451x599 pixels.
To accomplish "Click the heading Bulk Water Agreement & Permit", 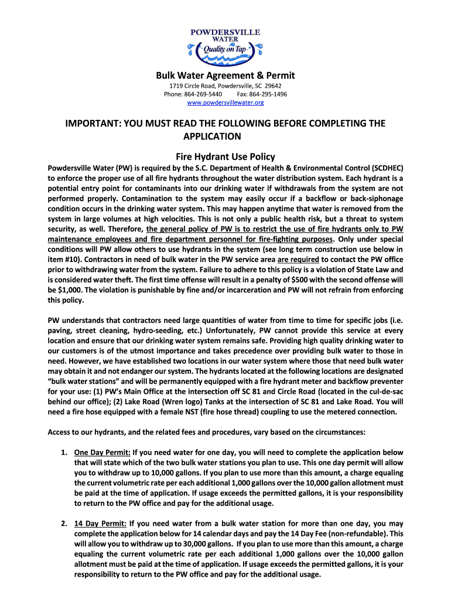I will click(225, 75).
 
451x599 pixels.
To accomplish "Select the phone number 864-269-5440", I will click(205, 94).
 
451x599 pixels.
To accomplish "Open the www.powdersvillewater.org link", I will click(225, 103).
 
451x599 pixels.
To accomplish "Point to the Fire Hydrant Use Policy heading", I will click(225, 157).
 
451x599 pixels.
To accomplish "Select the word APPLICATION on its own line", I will click(213, 136).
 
